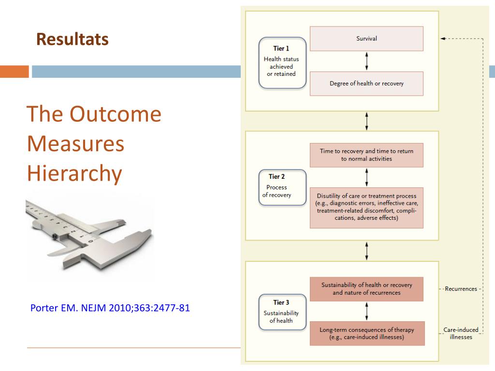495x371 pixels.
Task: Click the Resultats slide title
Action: point(73,39)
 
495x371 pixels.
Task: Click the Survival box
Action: point(366,39)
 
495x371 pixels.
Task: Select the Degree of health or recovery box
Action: point(366,84)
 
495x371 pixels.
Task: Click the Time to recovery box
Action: point(366,155)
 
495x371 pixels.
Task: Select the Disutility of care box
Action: point(366,208)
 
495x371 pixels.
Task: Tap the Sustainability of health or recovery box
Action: point(366,289)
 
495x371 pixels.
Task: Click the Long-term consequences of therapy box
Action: point(366,334)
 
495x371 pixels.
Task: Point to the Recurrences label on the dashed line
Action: point(461,289)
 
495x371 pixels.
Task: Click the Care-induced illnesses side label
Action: point(461,333)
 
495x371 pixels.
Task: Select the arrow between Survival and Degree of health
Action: point(366,61)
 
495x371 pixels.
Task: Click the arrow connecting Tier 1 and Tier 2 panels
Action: point(367,121)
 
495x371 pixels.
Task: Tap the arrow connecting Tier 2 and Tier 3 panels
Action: point(367,251)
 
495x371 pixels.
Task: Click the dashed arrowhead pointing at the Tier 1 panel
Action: point(443,39)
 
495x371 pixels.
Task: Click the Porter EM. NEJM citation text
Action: point(110,308)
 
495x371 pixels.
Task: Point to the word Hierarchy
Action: point(74,173)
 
